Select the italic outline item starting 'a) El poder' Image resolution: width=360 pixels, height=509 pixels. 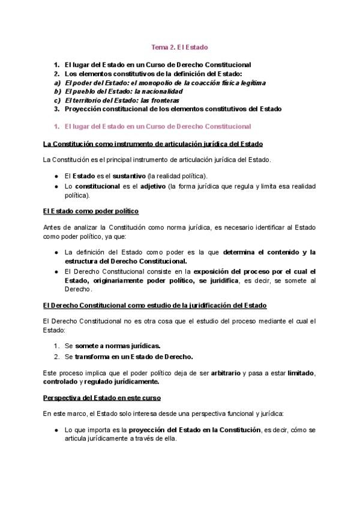pos(164,82)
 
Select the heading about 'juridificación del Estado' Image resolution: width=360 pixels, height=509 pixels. pos(155,306)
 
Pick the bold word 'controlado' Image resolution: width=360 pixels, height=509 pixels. pos(61,381)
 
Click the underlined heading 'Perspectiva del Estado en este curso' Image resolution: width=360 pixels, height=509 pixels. pos(102,397)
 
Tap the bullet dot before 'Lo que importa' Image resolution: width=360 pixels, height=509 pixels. pos(55,430)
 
